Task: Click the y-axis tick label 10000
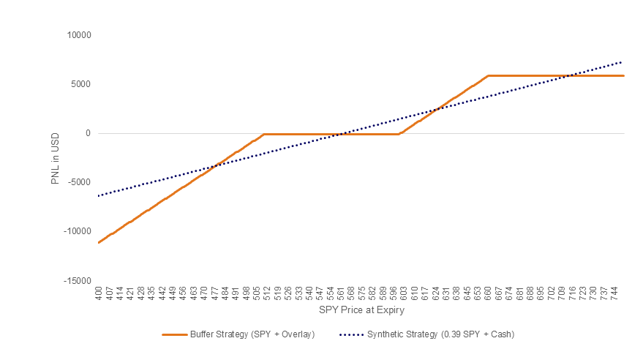tap(77, 34)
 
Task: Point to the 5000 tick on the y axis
tap(79, 83)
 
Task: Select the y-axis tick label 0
tap(86, 133)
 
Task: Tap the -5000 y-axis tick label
tap(78, 182)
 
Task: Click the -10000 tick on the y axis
tap(75, 231)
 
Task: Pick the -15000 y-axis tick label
tap(75, 281)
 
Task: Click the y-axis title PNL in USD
tap(56, 157)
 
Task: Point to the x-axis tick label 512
tap(266, 294)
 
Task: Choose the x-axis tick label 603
tap(403, 294)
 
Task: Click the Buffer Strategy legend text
tap(252, 334)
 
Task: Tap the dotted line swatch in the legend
tap(351, 334)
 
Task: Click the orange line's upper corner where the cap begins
tap(488, 75)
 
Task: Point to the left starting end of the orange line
tap(98, 242)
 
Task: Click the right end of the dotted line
tap(622, 61)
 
